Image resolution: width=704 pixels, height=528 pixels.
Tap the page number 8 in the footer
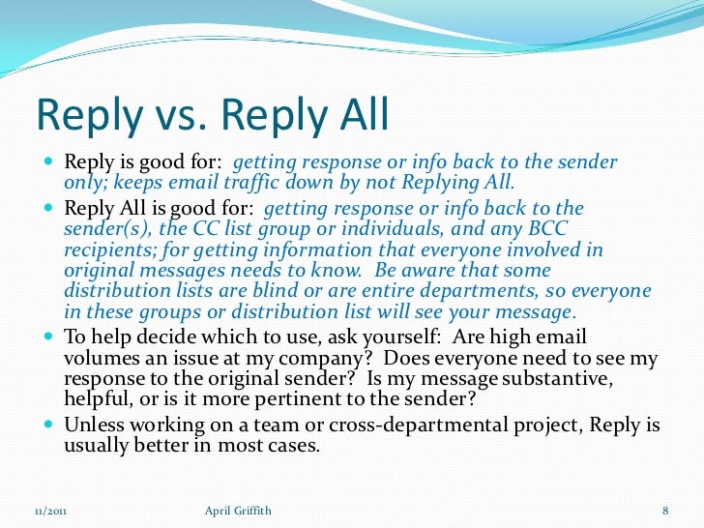point(666,510)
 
